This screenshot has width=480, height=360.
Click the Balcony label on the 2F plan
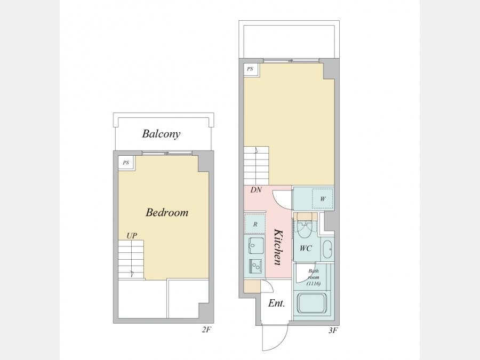pos(161,134)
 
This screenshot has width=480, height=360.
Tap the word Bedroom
pos(167,212)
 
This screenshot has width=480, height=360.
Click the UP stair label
pos(132,236)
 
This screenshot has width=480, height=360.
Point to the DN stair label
pos(256,190)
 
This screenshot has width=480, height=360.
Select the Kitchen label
pos(278,247)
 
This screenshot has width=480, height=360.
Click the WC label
pos(306,248)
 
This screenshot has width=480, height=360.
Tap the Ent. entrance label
pos(276,303)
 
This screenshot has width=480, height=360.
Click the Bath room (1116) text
pos(314,277)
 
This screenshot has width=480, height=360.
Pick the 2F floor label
pos(206,330)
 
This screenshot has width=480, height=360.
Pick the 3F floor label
pos(333,330)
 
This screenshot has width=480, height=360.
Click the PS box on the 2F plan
pos(126,163)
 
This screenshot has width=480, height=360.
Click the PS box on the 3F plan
pos(251,69)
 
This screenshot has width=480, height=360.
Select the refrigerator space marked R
pos(255,224)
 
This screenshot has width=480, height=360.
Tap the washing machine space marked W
pos(323,199)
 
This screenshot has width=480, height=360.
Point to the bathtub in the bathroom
pos(312,303)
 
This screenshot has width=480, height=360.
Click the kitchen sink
pos(256,245)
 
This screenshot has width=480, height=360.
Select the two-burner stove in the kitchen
pos(256,267)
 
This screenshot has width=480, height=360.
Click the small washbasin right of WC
pos(327,250)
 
